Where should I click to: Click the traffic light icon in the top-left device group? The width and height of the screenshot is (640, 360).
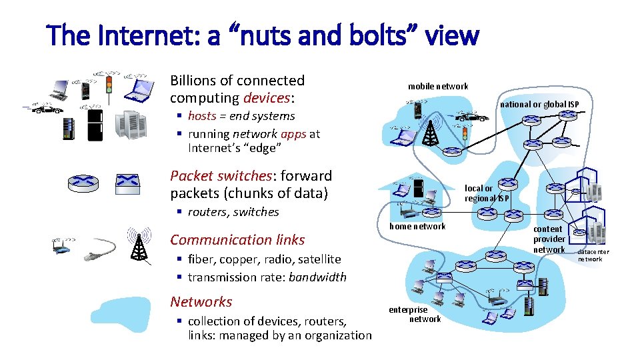point(109,85)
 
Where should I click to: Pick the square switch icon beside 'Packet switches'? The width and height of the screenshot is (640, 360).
point(127,181)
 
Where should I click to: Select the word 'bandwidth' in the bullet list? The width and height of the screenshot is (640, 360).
point(317,277)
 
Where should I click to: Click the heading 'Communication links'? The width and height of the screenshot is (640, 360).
point(237,240)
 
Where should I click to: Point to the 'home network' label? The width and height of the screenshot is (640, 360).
point(417,226)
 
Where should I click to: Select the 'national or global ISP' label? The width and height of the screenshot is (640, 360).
point(539,104)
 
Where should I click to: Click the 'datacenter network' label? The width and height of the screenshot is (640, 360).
point(590,255)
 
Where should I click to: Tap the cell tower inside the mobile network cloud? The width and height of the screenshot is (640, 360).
point(431,133)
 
